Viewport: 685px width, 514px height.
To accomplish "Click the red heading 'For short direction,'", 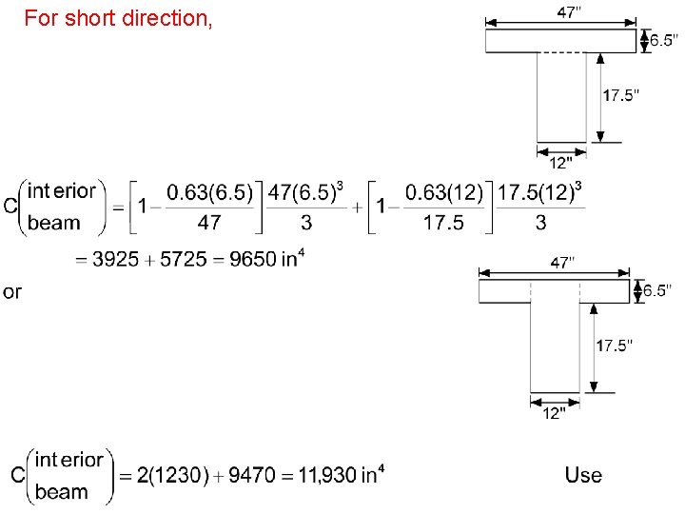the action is pyautogui.click(x=118, y=18).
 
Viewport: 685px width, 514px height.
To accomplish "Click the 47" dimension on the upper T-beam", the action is pyautogui.click(x=569, y=11).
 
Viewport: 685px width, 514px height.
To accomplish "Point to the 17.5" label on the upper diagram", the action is pyautogui.click(x=621, y=96).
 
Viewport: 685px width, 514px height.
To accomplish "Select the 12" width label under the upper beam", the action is pyautogui.click(x=561, y=162).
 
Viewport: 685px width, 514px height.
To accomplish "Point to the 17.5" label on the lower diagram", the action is pyautogui.click(x=615, y=346).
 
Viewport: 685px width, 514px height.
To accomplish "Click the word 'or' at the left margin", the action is pyautogui.click(x=11, y=291).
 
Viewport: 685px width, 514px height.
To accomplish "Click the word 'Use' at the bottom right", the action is pyautogui.click(x=583, y=474).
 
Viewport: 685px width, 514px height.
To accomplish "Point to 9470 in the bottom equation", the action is pyautogui.click(x=251, y=475).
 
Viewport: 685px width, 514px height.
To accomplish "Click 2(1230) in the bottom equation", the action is pyautogui.click(x=173, y=475).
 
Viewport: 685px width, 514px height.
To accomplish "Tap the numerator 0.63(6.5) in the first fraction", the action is pyautogui.click(x=210, y=192).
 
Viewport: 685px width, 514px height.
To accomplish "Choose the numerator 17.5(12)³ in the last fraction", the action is pyautogui.click(x=538, y=191).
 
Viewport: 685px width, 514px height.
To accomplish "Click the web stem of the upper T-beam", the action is pyautogui.click(x=561, y=97).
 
